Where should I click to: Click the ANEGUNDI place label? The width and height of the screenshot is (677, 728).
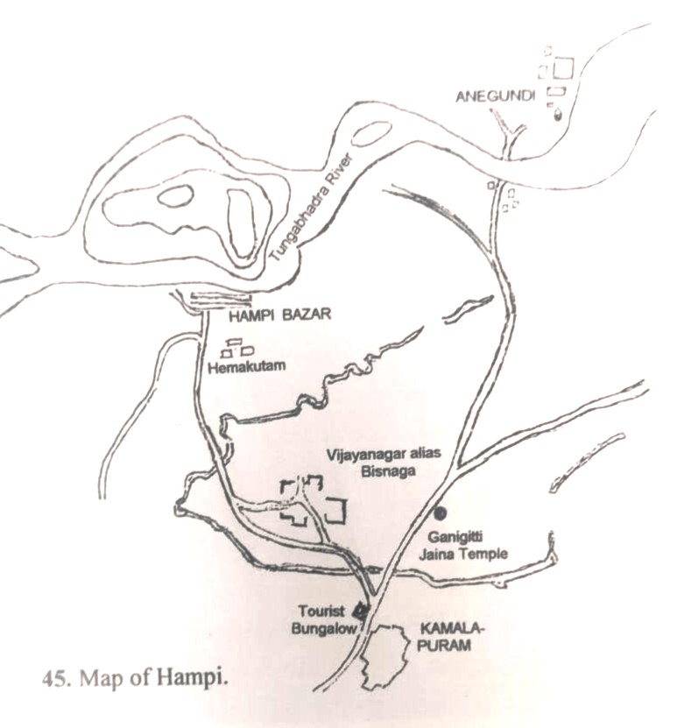pos(495,95)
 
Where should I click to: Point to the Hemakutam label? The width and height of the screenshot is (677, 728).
pos(249,368)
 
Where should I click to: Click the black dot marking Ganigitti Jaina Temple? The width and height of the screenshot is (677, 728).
pos(440,512)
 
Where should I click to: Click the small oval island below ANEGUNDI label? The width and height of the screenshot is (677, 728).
pos(371,134)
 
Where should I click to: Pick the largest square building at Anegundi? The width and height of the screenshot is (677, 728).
pos(562,67)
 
